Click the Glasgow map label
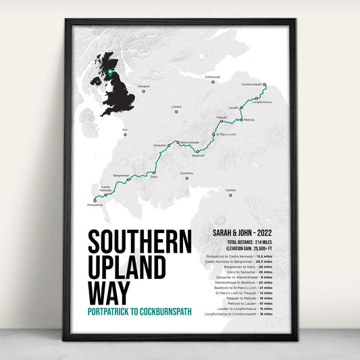pyautogui.click(x=143, y=86)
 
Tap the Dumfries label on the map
pyautogui.click(x=186, y=173)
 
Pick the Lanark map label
pyautogui.click(x=177, y=106)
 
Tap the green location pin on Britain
pyautogui.click(x=109, y=72)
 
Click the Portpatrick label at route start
pyautogui.click(x=95, y=204)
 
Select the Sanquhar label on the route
pyautogui.click(x=159, y=146)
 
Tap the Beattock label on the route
pyautogui.click(x=198, y=155)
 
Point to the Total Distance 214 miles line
pyautogui.click(x=240, y=242)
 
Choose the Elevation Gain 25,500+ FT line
pyautogui.click(x=240, y=248)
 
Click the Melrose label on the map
pyautogui.click(x=249, y=120)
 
